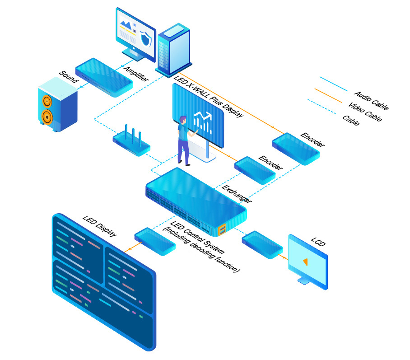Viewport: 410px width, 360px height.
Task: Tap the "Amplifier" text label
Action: pyautogui.click(x=136, y=72)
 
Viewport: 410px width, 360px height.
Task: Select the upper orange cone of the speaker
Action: pyautogui.click(x=47, y=101)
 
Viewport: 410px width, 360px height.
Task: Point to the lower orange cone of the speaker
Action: pyautogui.click(x=47, y=117)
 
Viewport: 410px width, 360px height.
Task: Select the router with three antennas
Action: pyautogui.click(x=131, y=144)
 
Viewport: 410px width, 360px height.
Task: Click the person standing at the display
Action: pyautogui.click(x=184, y=140)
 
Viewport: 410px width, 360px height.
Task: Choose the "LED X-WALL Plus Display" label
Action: pyautogui.click(x=208, y=97)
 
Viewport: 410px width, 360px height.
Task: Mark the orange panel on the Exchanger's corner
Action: pyautogui.click(x=222, y=230)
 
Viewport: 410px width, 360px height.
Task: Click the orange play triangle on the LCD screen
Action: pyautogui.click(x=306, y=262)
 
